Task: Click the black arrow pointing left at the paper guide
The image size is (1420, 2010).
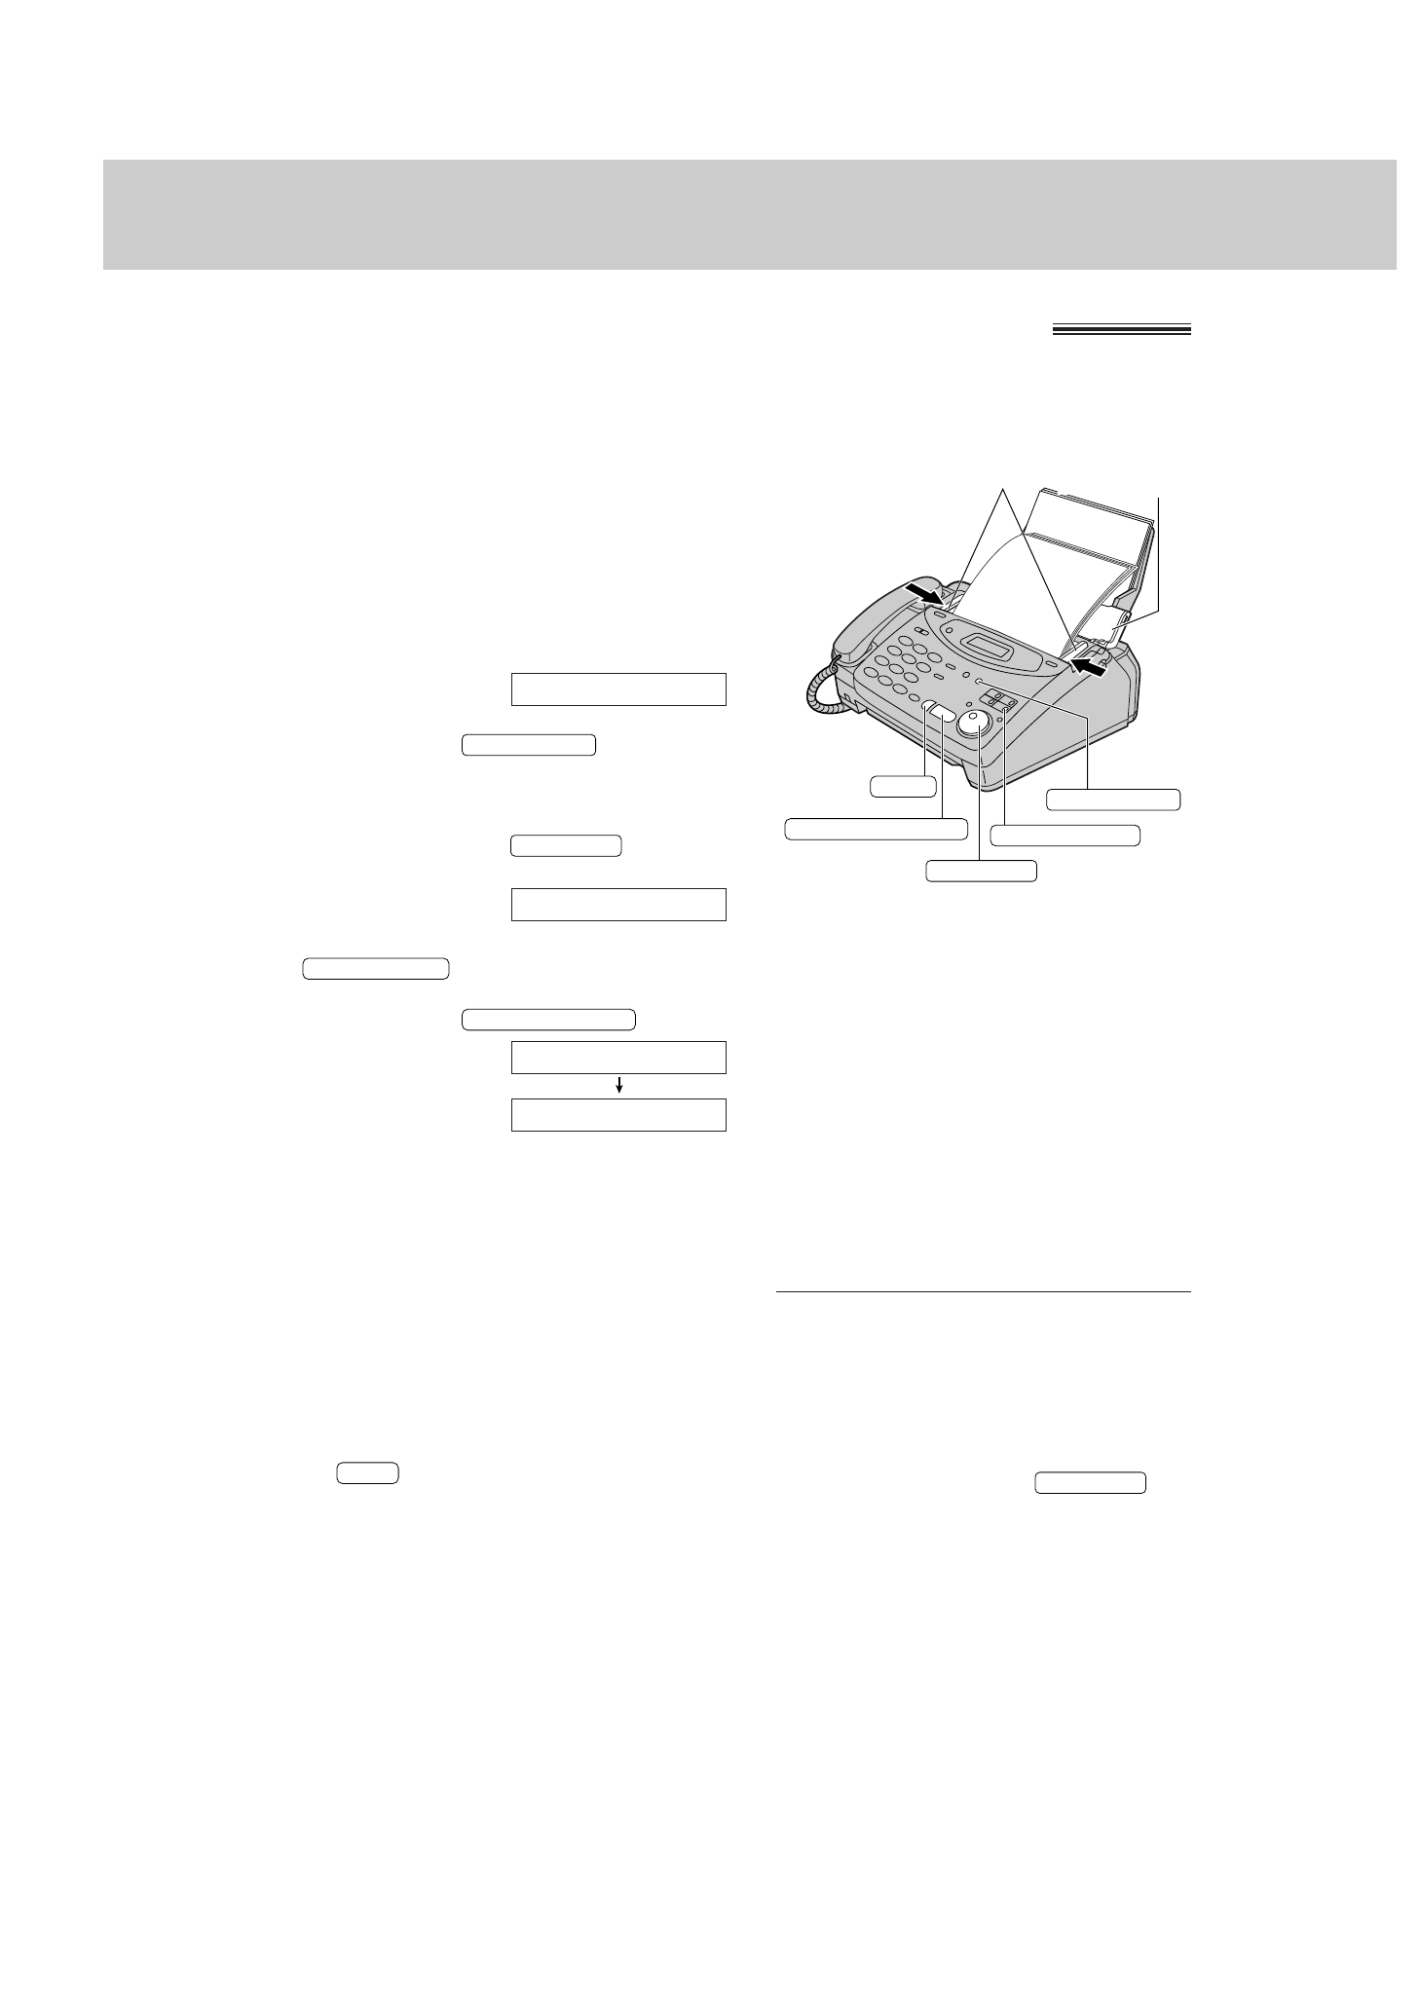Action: coord(1090,666)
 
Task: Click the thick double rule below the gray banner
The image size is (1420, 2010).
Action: coord(1121,331)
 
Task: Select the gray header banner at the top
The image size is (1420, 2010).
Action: coord(749,214)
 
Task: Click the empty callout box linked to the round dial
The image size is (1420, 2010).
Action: coord(981,871)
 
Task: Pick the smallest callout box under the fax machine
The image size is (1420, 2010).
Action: coord(903,785)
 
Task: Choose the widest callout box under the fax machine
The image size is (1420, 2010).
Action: coord(877,829)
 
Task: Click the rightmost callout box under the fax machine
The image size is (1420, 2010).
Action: coord(1113,800)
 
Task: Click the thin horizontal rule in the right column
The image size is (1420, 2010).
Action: coord(984,1292)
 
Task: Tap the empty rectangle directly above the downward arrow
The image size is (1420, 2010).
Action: coord(618,1057)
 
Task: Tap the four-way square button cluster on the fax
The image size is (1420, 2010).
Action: coord(999,700)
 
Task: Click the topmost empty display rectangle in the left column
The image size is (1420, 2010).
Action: coord(618,689)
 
